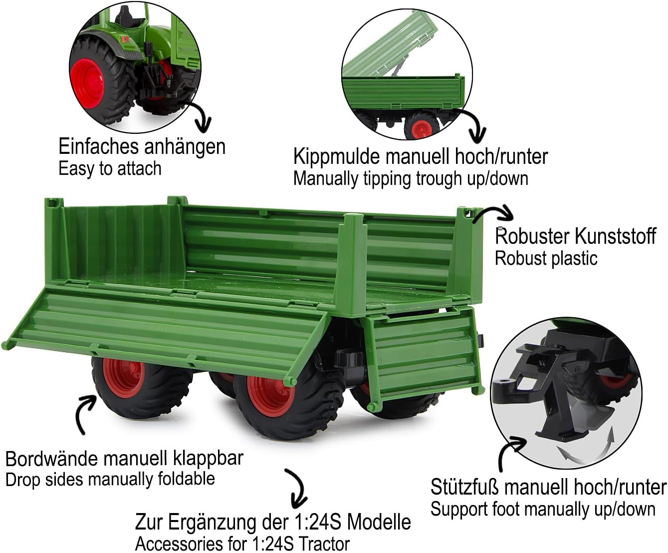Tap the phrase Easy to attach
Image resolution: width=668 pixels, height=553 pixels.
point(110,169)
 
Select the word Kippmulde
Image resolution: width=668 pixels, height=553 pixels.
point(337,157)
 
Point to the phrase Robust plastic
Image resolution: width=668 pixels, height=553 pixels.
point(546,259)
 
